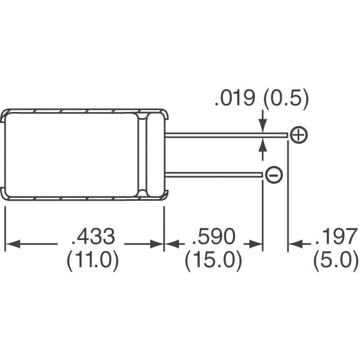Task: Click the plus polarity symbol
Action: [299, 134]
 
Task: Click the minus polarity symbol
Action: [273, 175]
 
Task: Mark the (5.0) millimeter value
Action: [337, 260]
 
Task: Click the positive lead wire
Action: [225, 134]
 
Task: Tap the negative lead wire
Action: [214, 175]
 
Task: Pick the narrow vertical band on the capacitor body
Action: [150, 155]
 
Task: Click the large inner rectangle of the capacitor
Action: [70, 155]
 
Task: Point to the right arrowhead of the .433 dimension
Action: [157, 244]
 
